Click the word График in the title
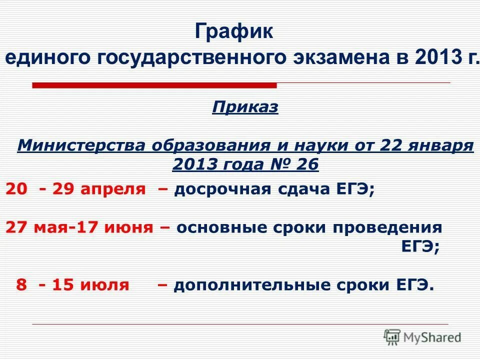[234, 33]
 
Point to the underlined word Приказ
[245, 107]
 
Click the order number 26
[306, 164]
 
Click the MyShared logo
[422, 337]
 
